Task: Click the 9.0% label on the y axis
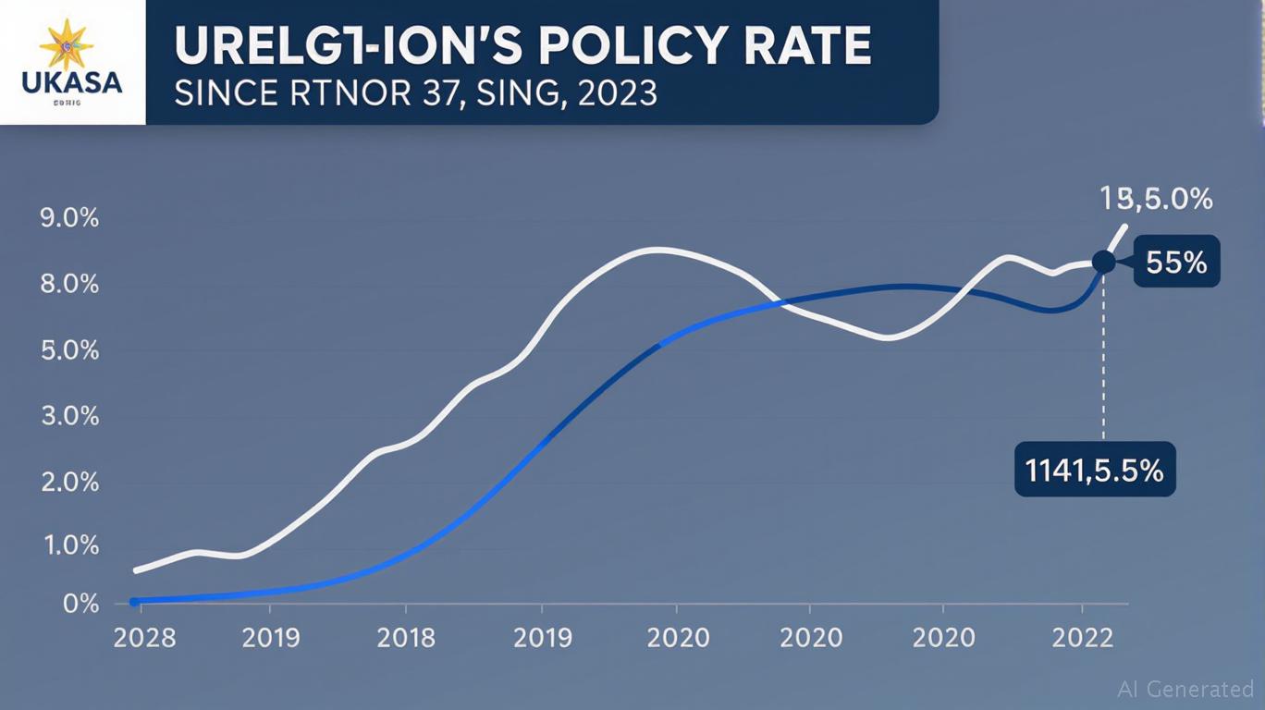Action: (68, 219)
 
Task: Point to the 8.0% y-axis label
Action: (68, 284)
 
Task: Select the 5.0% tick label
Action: (68, 351)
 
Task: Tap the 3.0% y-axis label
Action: (68, 416)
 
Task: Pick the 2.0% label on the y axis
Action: (68, 483)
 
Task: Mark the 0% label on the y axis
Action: (80, 604)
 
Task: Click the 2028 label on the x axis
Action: (144, 638)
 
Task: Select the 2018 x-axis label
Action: (407, 638)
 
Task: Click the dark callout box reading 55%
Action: (1175, 263)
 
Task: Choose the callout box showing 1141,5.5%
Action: (1095, 471)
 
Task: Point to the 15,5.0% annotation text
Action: (1156, 198)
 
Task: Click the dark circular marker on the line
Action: (1103, 262)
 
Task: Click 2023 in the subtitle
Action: (618, 93)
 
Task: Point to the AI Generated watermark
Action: (1185, 689)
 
